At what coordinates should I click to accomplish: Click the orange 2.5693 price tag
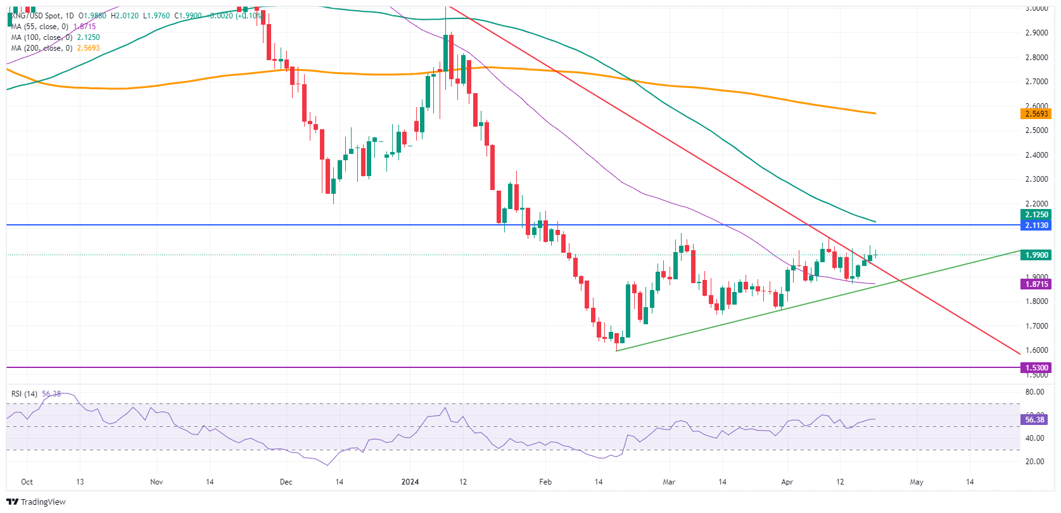tap(1036, 114)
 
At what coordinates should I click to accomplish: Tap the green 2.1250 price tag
tap(1036, 215)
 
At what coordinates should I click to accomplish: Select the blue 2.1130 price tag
tap(1036, 225)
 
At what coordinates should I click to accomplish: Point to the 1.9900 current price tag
tap(1036, 255)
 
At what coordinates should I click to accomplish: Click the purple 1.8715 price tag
tap(1036, 284)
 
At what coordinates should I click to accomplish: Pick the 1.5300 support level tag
tap(1036, 368)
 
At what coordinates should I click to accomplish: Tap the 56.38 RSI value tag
tap(1034, 420)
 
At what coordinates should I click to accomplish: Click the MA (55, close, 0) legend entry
tap(39, 27)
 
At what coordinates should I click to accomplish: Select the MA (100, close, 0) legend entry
tap(41, 37)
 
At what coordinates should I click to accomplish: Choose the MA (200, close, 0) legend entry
tap(41, 48)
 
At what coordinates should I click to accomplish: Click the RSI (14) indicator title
tap(24, 394)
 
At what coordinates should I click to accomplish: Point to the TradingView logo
tap(36, 502)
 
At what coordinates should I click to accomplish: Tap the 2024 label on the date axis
tap(410, 482)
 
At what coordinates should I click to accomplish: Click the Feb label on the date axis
tap(545, 482)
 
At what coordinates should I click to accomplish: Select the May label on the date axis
tap(917, 482)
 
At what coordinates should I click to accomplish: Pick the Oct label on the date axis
tap(27, 482)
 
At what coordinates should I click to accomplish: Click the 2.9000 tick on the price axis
tap(1036, 33)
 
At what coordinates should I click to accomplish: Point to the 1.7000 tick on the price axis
tap(1036, 326)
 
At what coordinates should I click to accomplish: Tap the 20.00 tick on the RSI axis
tap(1035, 462)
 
